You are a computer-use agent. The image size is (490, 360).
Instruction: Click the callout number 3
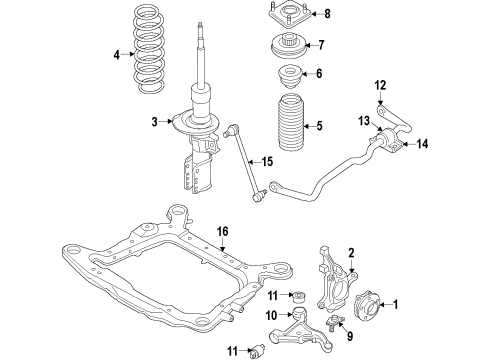(x=155, y=122)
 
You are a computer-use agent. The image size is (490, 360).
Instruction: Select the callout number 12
(x=379, y=85)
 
